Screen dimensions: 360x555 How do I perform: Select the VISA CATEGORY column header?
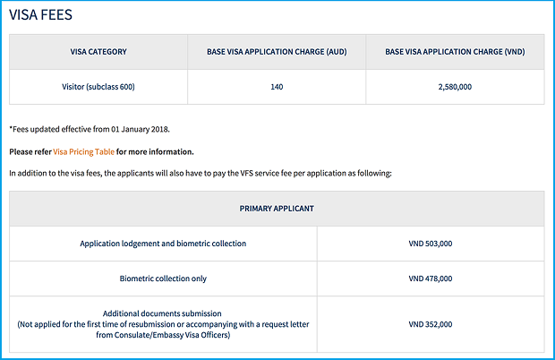(x=98, y=52)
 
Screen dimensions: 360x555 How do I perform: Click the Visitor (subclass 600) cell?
(x=98, y=87)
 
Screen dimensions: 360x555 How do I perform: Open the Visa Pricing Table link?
(x=84, y=151)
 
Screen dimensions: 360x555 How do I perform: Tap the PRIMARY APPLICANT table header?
(x=277, y=208)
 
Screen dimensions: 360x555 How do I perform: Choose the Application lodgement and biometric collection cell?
(x=163, y=244)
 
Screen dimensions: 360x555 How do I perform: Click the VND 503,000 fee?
(x=431, y=244)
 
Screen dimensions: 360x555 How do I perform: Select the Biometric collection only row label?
(x=163, y=279)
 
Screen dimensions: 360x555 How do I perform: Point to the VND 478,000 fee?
(x=431, y=279)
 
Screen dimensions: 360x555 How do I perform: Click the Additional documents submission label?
(x=163, y=313)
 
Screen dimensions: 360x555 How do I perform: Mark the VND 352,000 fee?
(x=431, y=324)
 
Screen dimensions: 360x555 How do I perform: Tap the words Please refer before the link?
(x=30, y=151)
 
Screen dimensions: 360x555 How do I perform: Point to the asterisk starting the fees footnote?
(x=11, y=129)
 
